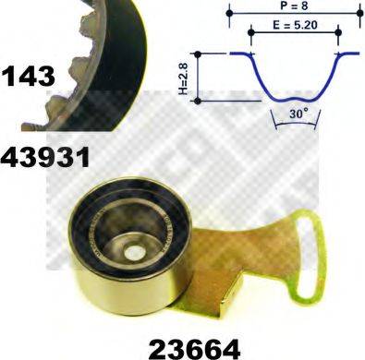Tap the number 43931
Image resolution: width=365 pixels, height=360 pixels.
coord(46,157)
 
